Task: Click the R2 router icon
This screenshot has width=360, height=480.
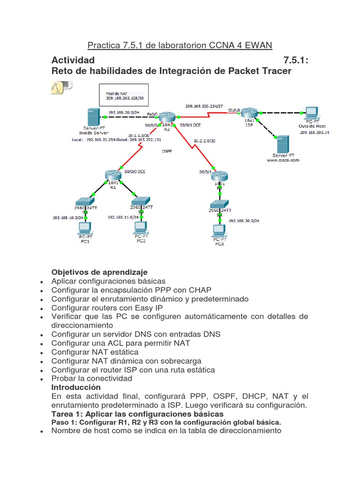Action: click(x=166, y=117)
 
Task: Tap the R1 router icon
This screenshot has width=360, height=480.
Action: click(x=113, y=176)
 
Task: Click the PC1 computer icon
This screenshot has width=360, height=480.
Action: click(x=85, y=228)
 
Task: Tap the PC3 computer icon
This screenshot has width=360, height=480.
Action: click(x=218, y=232)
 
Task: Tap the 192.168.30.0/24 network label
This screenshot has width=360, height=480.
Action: click(x=244, y=220)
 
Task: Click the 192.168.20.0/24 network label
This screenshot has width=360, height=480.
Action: click(x=124, y=112)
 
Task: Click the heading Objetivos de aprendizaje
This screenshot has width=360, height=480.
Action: click(x=99, y=272)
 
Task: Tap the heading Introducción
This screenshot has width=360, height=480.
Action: click(x=76, y=388)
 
